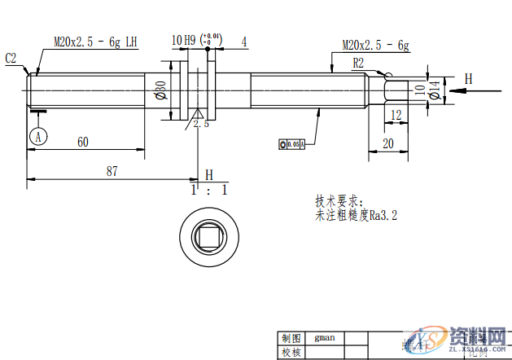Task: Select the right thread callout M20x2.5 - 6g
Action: [375, 45]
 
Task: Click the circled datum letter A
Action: [37, 137]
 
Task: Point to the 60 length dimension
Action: [83, 142]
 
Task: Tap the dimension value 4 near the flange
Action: [244, 40]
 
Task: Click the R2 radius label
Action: [358, 62]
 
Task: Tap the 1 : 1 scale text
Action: [209, 190]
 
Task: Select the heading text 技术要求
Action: [341, 200]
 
